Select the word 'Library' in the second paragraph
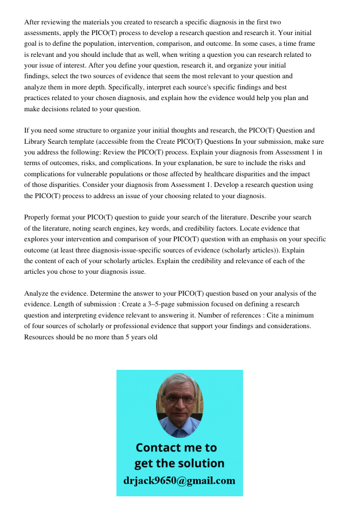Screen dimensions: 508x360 pyautogui.click(x=36, y=141)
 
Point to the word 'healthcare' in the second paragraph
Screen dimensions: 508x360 pyautogui.click(x=221, y=174)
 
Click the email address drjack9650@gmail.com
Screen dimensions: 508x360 pyautogui.click(x=179, y=481)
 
